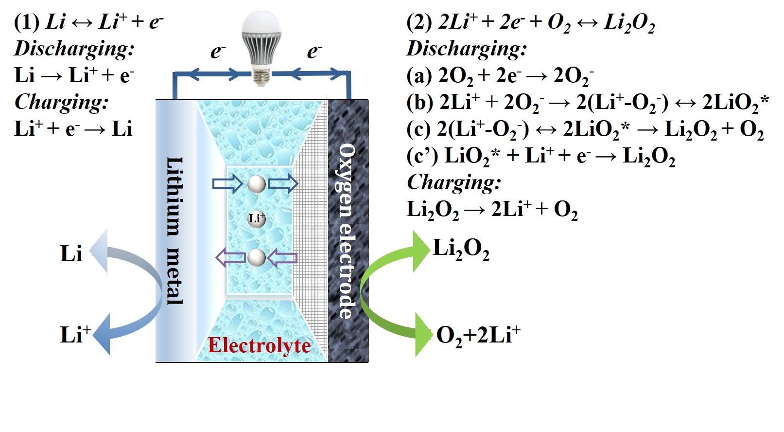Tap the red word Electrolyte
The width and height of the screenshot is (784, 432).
pos(259,345)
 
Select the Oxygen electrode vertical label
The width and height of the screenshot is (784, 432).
pos(346,231)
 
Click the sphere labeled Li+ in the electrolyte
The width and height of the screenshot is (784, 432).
pos(257,219)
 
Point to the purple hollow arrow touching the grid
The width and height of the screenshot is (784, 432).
pos(282,258)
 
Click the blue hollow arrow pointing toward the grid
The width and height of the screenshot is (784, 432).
pos(283,184)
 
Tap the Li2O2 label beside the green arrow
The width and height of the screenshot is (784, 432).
pos(461,249)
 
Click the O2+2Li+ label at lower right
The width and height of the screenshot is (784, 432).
pos(478,335)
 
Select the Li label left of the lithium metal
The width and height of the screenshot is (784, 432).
pos(71,253)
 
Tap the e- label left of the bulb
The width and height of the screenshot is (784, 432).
pos(218,51)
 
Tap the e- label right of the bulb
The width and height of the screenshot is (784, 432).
pos(314,51)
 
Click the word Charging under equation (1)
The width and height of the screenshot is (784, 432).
pos(61,102)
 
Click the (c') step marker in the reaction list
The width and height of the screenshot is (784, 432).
pos(422,156)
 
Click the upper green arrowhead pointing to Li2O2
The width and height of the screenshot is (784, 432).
pos(421,251)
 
